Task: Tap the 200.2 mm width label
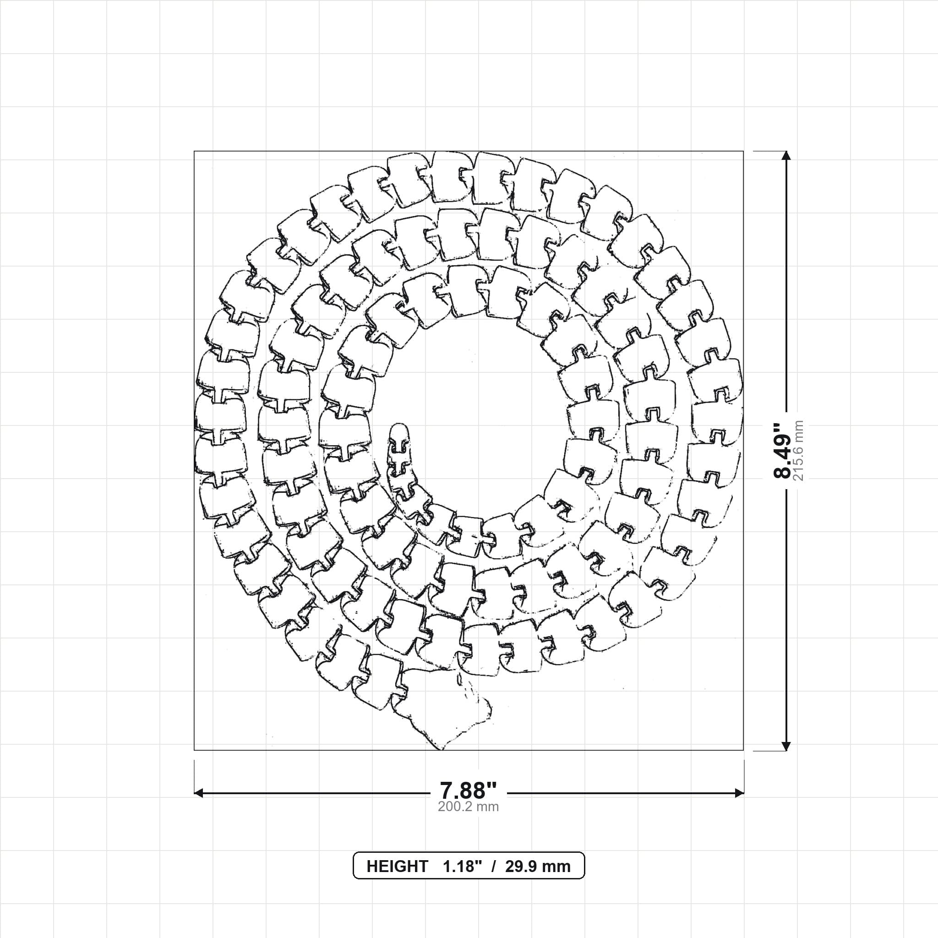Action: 468,807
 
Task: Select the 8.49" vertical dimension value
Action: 782,451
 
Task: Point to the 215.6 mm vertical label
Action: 798,451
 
